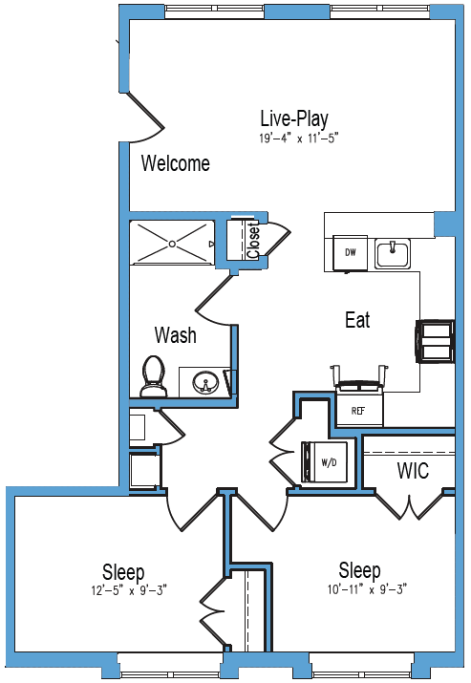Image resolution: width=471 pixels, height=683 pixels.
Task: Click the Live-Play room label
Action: [x=294, y=118]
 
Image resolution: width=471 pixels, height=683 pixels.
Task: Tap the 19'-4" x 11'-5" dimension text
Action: [x=299, y=139]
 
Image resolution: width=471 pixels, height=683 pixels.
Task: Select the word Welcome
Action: [x=175, y=163]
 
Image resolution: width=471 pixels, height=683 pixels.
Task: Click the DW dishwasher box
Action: [x=350, y=252]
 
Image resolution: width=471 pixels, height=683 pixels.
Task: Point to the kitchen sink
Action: [x=392, y=254]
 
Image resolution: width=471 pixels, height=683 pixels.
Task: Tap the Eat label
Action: [x=357, y=320]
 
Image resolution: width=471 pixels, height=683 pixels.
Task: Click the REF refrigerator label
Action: [x=357, y=411]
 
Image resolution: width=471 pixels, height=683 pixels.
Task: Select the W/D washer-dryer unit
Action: [x=325, y=462]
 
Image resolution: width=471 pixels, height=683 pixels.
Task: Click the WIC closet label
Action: [x=413, y=470]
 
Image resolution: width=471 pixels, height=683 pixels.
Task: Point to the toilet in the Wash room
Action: [x=153, y=376]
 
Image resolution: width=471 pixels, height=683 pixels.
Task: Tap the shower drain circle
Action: [x=173, y=244]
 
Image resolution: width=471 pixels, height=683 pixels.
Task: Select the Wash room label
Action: [x=175, y=335]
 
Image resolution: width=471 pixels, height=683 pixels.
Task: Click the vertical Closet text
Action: [x=253, y=241]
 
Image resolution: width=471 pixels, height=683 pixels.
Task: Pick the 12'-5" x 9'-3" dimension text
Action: [x=129, y=590]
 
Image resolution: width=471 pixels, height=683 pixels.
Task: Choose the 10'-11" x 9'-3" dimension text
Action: [x=367, y=589]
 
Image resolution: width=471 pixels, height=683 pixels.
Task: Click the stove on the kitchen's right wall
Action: [x=435, y=341]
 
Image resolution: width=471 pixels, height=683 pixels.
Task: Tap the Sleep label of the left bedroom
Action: [x=123, y=572]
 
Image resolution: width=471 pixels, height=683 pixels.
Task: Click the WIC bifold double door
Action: [x=409, y=506]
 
